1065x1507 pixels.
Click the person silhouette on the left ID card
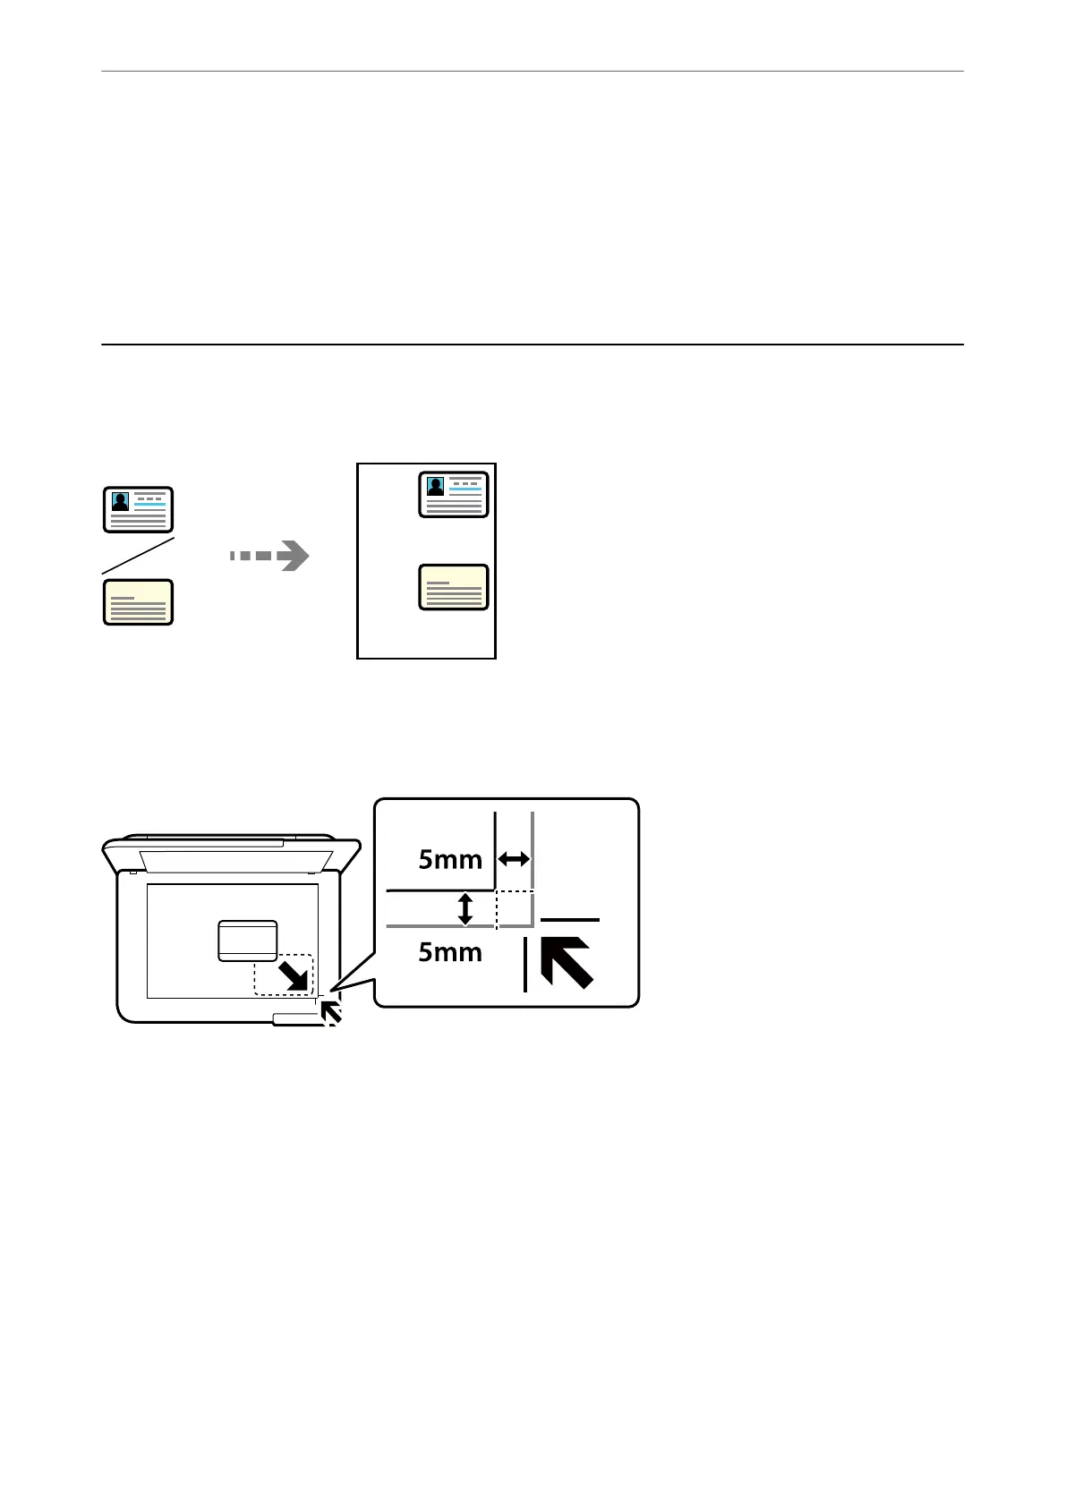pos(120,501)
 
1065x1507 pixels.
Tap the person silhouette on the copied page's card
pos(436,486)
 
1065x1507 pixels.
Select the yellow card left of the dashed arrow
pos(138,601)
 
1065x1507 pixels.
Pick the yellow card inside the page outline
pos(454,587)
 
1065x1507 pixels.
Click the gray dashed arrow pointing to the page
pos(269,556)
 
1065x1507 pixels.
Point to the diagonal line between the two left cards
pos(137,556)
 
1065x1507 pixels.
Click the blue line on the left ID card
pos(150,505)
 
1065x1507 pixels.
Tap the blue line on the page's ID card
pos(466,490)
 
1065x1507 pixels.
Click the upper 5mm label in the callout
pos(450,860)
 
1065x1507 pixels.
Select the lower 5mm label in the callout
pos(450,952)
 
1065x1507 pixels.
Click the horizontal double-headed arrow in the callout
pos(514,860)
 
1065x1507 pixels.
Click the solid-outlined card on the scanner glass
pos(248,941)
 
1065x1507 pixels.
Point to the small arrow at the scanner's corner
pos(330,1012)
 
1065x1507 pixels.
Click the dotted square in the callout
pos(515,908)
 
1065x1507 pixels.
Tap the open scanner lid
pos(232,855)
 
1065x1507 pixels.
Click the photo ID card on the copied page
pos(454,495)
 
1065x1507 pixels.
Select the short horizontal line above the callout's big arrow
pos(570,919)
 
